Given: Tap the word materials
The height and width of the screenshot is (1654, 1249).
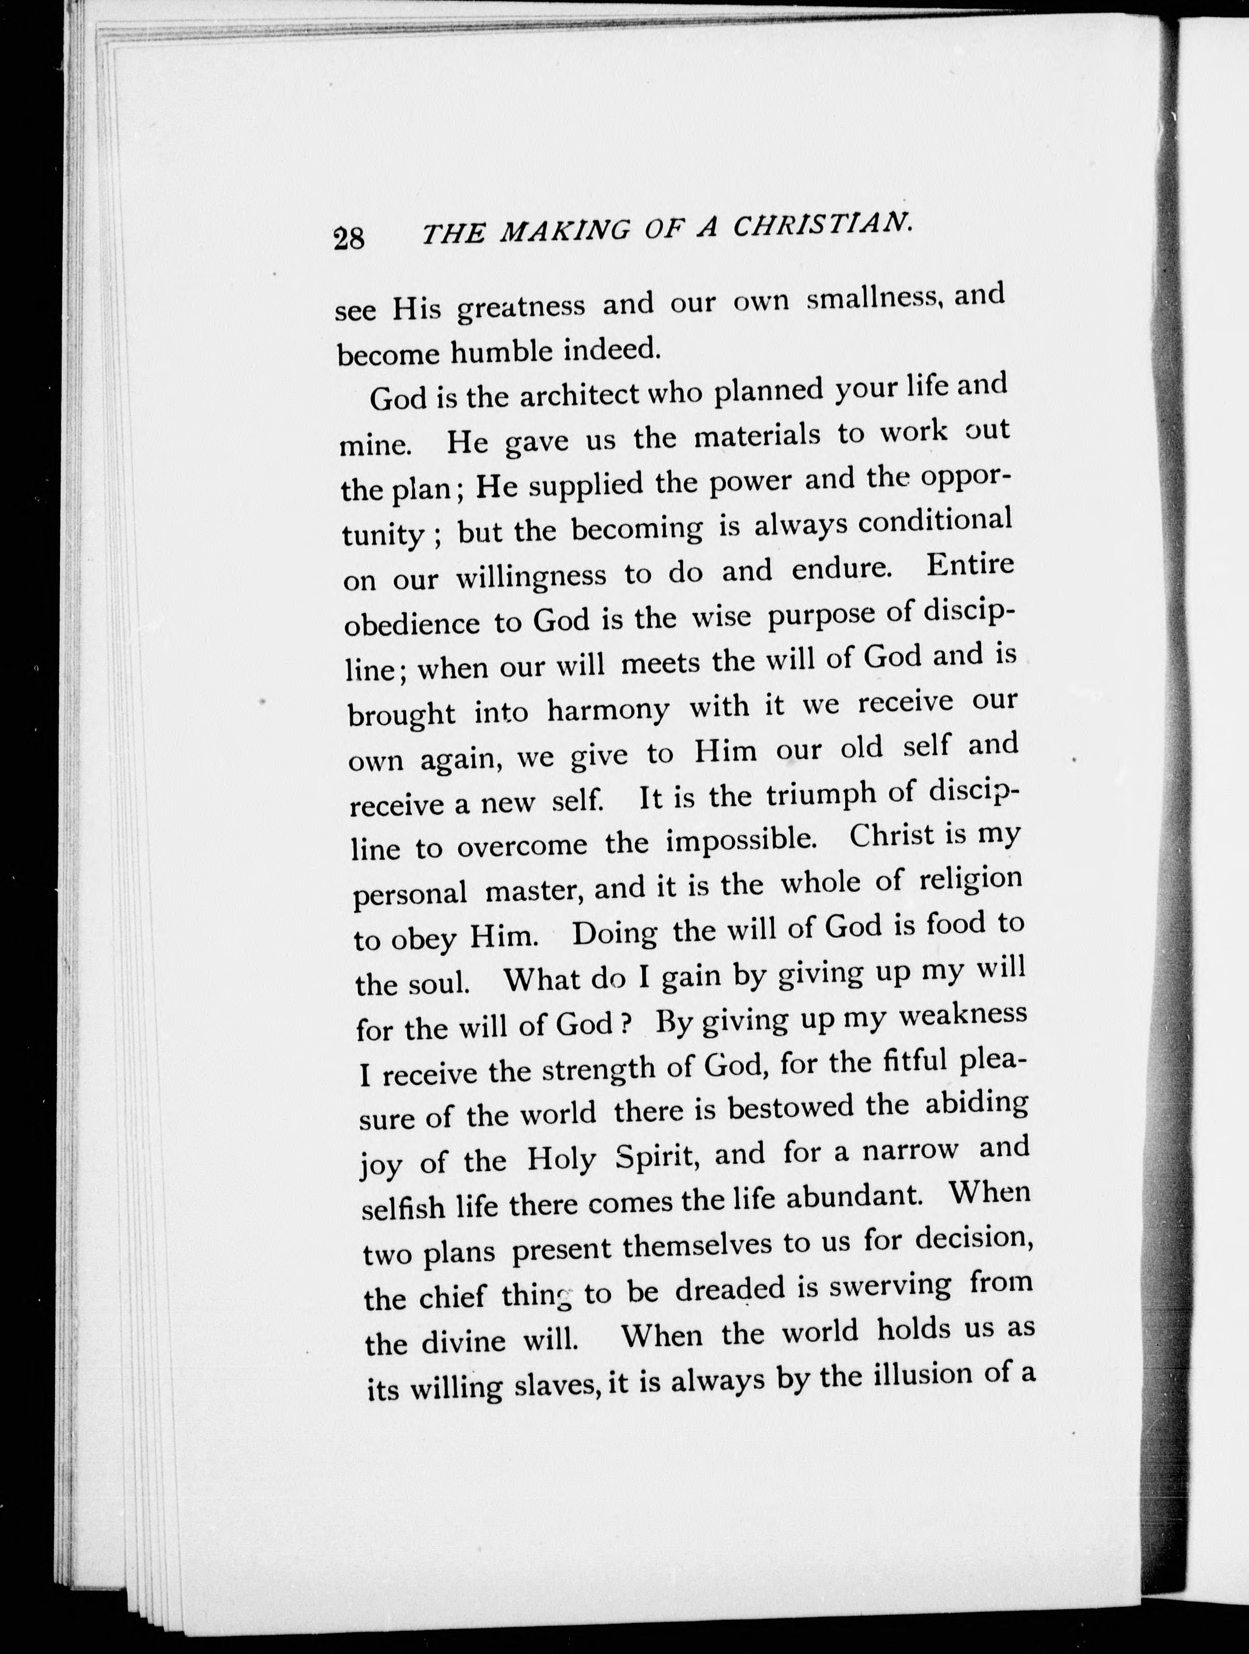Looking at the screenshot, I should [755, 436].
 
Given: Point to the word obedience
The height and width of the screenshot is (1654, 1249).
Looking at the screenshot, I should [411, 623].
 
